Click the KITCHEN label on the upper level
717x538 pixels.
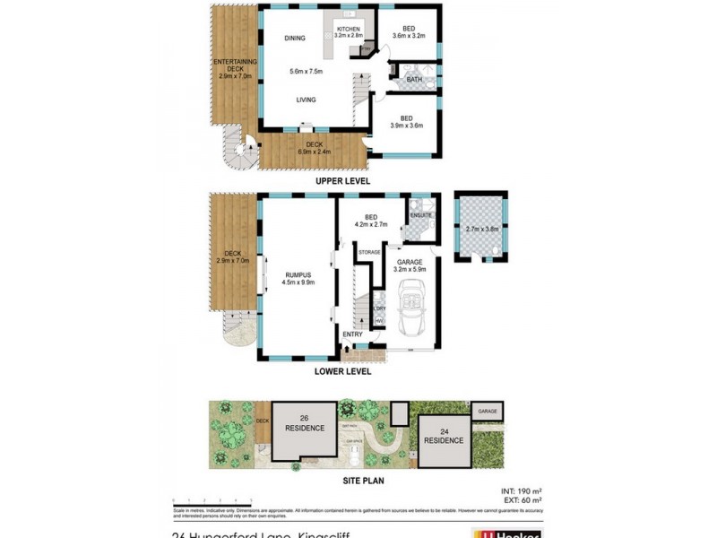tap(348, 30)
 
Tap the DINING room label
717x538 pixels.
tap(295, 39)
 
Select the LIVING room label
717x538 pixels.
tap(307, 100)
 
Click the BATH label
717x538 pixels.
tap(413, 80)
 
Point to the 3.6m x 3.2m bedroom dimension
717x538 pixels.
tap(408, 37)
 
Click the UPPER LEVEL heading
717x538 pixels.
tap(342, 181)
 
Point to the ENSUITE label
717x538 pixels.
tap(421, 215)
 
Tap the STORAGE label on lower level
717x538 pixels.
tap(369, 253)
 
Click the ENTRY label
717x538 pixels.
tap(352, 335)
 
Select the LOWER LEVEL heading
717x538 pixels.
tap(342, 369)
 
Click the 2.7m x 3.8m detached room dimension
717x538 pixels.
tap(481, 230)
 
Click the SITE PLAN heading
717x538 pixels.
tap(342, 481)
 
